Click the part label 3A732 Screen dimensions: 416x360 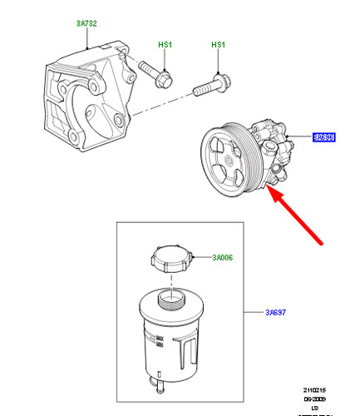pyautogui.click(x=85, y=25)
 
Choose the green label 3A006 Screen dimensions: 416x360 pyautogui.click(x=222, y=258)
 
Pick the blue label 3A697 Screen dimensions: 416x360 pyautogui.click(x=278, y=313)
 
